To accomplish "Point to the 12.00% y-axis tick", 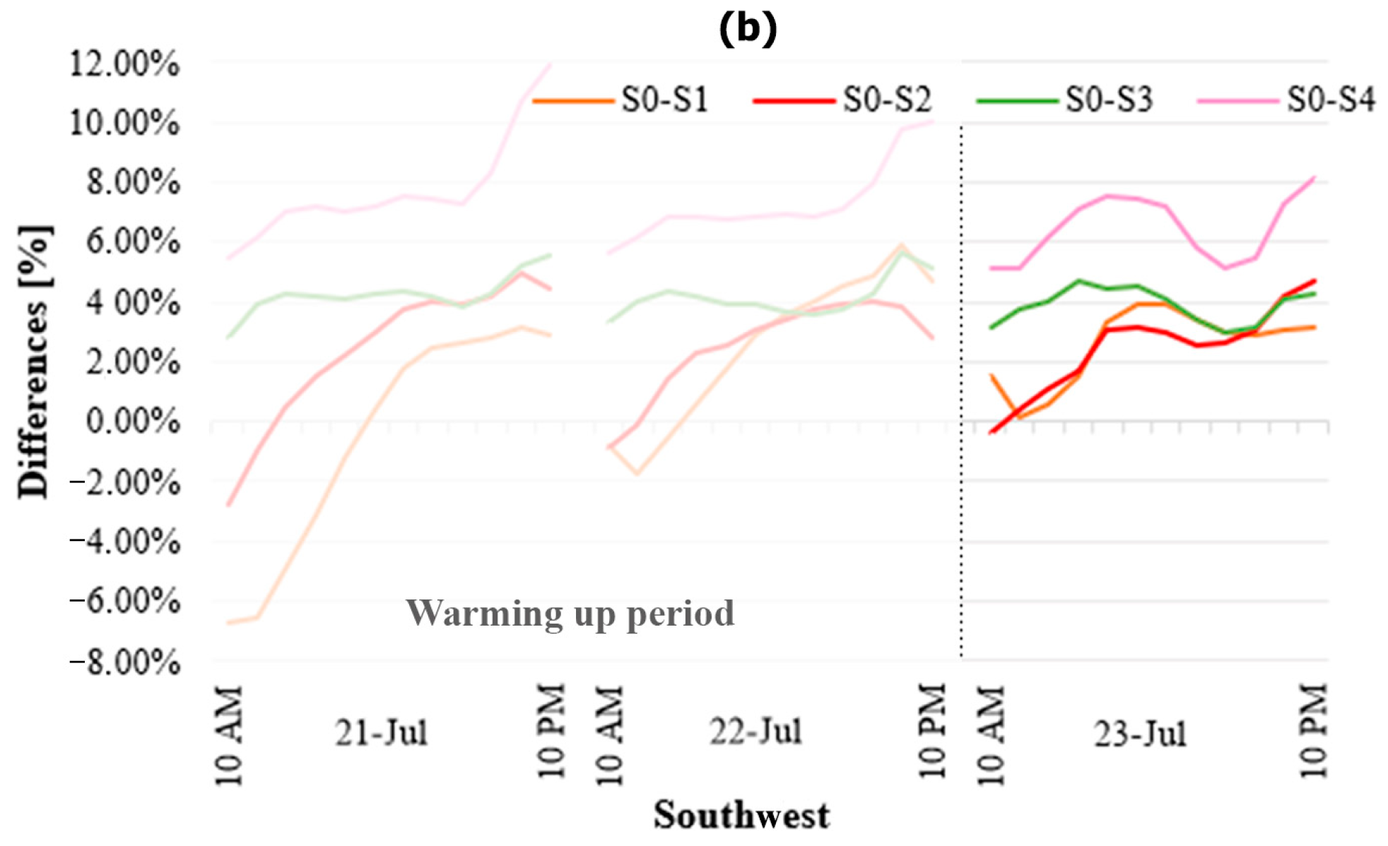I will (124, 64).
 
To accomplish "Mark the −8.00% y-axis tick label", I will (124, 662).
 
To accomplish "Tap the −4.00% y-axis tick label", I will (124, 542).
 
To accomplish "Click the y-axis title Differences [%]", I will (34, 362).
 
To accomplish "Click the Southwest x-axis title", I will (741, 816).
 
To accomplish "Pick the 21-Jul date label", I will (382, 733).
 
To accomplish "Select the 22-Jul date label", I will (755, 732).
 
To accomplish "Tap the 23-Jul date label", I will (1140, 734).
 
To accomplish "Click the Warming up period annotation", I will (570, 613).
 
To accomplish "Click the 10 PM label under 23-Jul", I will (1314, 731).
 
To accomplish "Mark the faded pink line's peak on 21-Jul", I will (550, 65).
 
